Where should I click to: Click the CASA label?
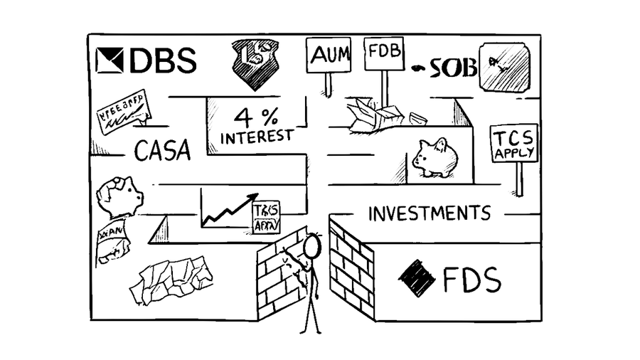(162, 150)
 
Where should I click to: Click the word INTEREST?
(256, 136)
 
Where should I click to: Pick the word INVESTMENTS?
(429, 213)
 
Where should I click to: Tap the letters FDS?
(471, 280)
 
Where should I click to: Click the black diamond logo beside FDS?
(417, 279)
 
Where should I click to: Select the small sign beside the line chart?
(267, 217)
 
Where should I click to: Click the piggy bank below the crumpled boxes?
(434, 157)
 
